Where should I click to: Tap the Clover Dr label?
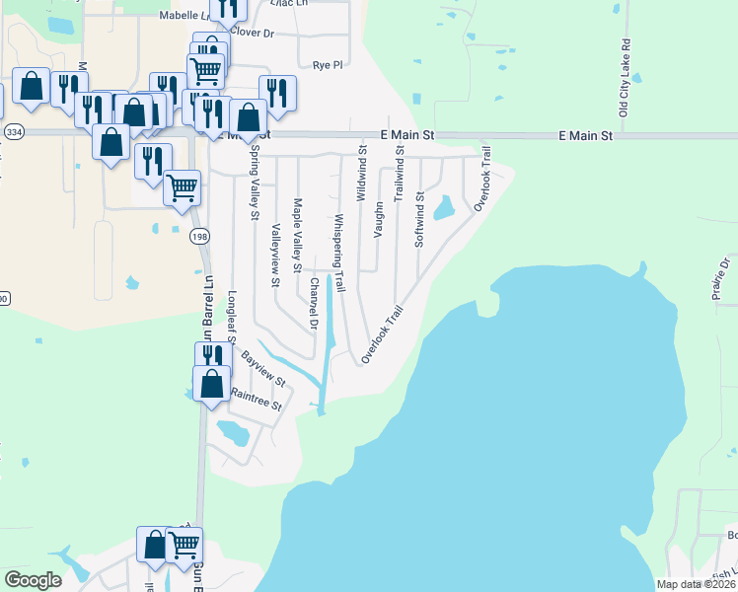(252, 33)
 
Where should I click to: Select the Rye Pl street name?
(327, 65)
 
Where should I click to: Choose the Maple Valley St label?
(297, 233)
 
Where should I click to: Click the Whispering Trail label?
(338, 254)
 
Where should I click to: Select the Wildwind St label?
(362, 169)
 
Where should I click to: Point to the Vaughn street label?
(378, 220)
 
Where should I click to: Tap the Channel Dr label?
(314, 303)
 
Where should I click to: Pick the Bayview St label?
(263, 368)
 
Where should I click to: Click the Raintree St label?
(256, 399)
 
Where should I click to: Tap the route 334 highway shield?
(14, 131)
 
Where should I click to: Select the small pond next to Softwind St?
(443, 207)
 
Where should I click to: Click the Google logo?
(33, 580)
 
